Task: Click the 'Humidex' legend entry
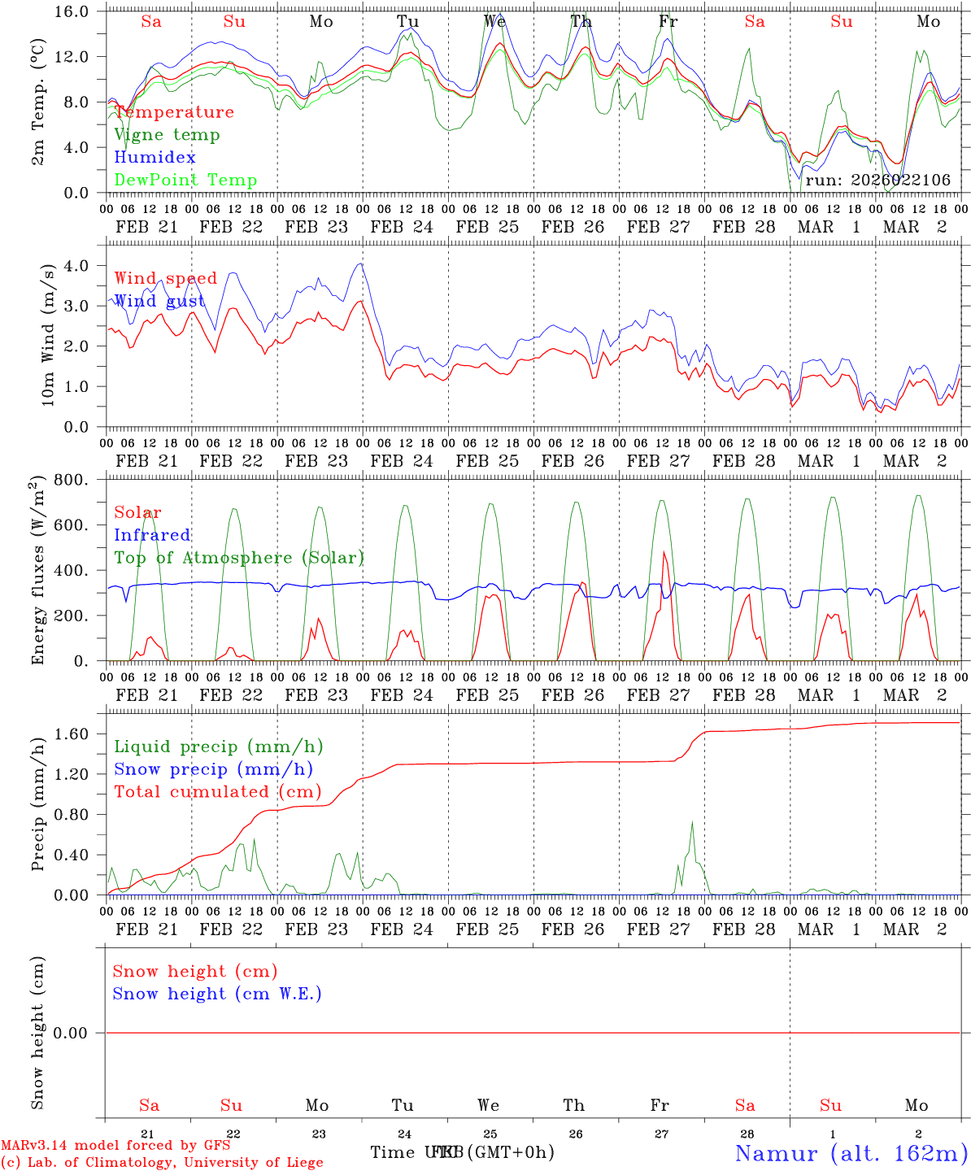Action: point(155,157)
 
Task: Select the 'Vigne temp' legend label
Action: point(167,135)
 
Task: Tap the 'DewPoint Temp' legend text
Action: point(185,180)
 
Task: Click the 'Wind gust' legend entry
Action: point(159,301)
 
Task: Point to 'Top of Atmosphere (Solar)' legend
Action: point(239,558)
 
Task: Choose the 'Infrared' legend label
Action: point(152,535)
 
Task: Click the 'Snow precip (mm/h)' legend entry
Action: point(213,769)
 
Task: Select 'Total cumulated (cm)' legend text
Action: point(217,791)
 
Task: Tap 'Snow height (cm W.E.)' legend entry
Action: point(217,994)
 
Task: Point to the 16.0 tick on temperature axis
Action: point(78,11)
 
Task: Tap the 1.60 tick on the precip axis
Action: point(78,734)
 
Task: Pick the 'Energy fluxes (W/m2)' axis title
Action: point(37,572)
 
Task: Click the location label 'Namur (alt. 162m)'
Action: point(851,1152)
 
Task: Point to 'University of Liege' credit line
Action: point(162,1162)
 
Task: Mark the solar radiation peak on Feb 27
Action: point(664,553)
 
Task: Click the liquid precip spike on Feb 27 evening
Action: point(692,822)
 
